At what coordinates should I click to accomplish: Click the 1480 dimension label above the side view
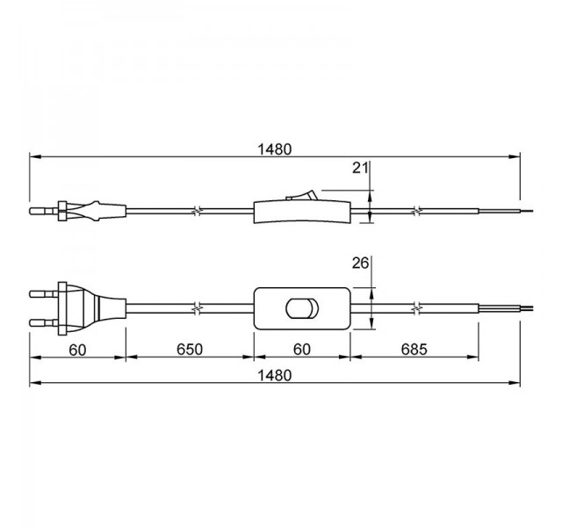click(275, 149)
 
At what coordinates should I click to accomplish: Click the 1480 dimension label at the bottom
click(275, 375)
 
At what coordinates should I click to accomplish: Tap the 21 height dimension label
click(360, 168)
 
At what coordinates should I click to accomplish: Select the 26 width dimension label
click(360, 263)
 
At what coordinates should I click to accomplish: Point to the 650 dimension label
click(190, 350)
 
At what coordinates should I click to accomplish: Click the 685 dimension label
click(414, 350)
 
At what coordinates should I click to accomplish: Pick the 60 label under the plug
click(78, 350)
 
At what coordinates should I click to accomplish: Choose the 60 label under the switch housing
click(302, 350)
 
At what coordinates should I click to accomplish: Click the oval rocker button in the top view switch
click(302, 308)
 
